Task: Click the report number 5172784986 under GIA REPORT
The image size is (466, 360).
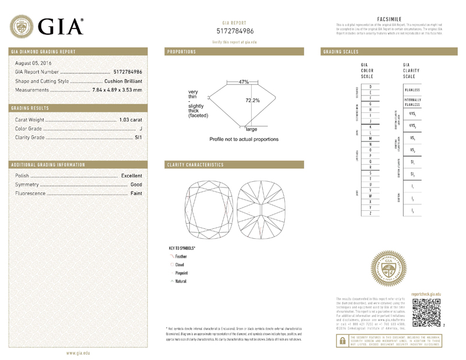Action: pos(235,30)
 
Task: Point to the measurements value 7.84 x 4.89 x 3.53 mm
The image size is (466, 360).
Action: pos(117,90)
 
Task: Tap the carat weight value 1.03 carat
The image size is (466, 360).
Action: pos(130,119)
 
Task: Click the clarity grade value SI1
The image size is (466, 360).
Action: pos(138,137)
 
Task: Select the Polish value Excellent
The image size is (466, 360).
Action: pos(132,175)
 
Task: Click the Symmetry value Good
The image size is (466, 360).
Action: pos(136,184)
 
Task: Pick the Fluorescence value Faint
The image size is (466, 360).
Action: pos(136,193)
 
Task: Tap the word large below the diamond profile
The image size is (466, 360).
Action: pos(251,129)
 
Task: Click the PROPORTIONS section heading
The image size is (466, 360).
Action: pos(181,52)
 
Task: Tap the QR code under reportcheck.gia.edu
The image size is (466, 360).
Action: pos(427,312)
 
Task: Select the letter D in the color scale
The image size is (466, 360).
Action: pos(370,86)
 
